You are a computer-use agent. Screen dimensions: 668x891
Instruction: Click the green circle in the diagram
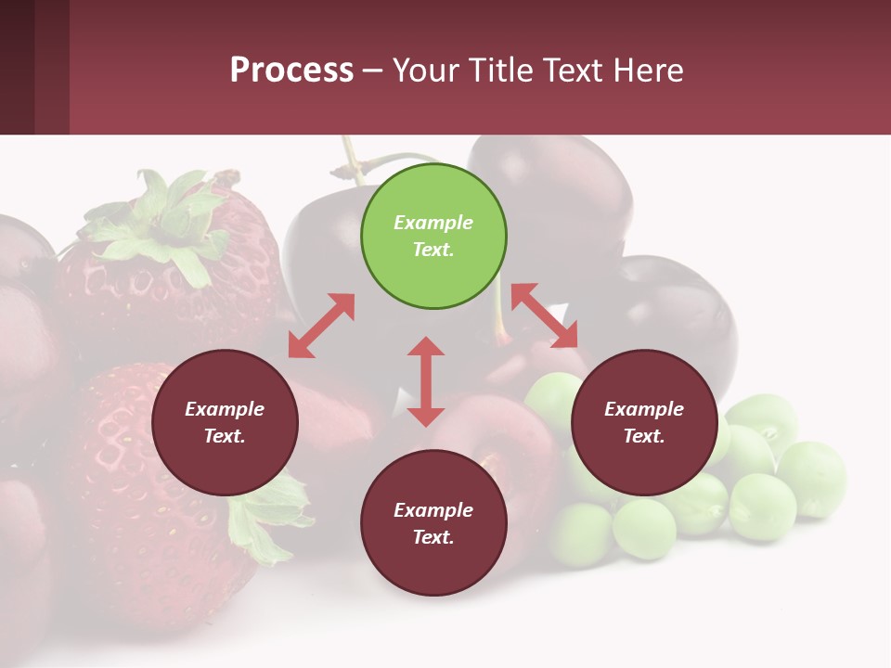433,237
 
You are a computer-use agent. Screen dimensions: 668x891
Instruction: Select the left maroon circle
225,422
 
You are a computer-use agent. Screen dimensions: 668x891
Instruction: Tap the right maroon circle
644,422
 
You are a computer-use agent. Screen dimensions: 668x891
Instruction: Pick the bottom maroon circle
433,523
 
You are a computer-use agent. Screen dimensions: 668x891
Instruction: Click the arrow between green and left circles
321,326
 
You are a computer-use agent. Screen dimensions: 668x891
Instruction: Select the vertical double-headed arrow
426,381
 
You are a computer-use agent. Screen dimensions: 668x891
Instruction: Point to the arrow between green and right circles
545,315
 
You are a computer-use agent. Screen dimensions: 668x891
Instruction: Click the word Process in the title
291,70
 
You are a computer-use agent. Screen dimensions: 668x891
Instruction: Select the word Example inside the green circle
433,223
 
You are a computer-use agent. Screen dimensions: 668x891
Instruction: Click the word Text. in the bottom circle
433,537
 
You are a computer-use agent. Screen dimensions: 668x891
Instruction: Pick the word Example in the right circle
644,409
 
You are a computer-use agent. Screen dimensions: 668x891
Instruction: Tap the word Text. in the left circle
225,436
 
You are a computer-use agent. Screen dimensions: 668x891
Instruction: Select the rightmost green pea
812,478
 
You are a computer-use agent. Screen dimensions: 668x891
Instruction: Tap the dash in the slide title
372,71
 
